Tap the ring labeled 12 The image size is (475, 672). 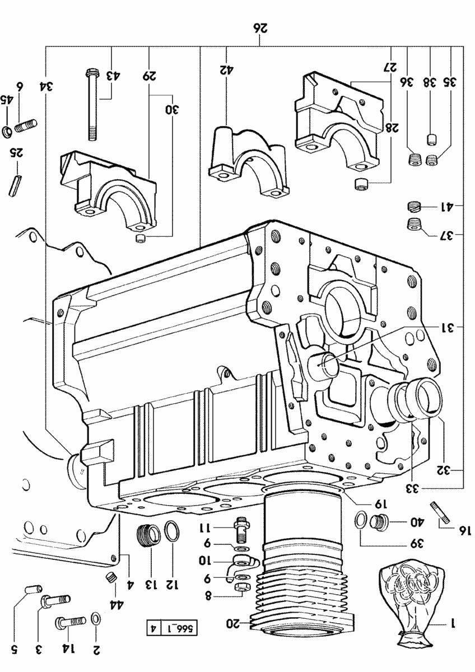173,530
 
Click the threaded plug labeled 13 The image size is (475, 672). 148,536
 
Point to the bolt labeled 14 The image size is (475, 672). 70,622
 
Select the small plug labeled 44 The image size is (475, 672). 111,577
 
